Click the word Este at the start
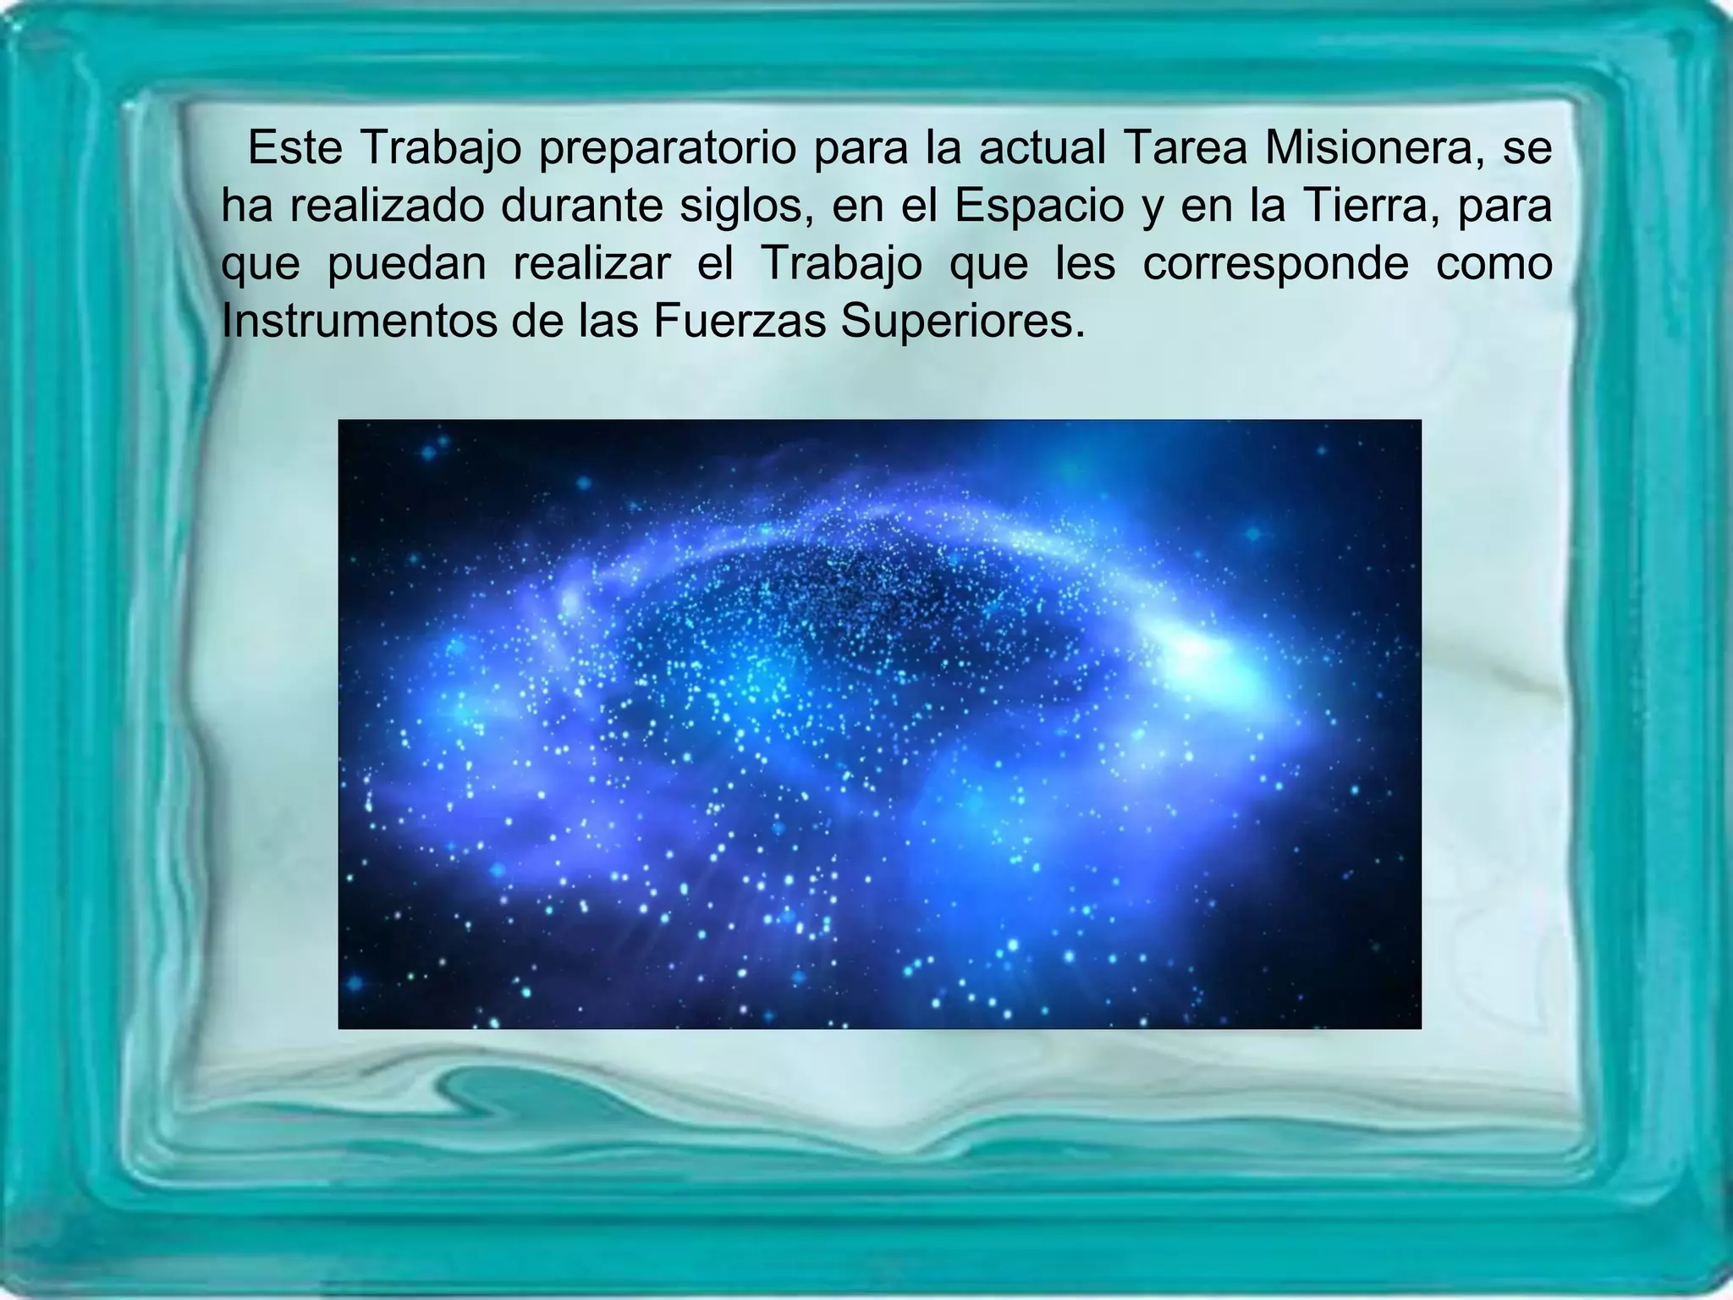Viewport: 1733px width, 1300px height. [x=294, y=149]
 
